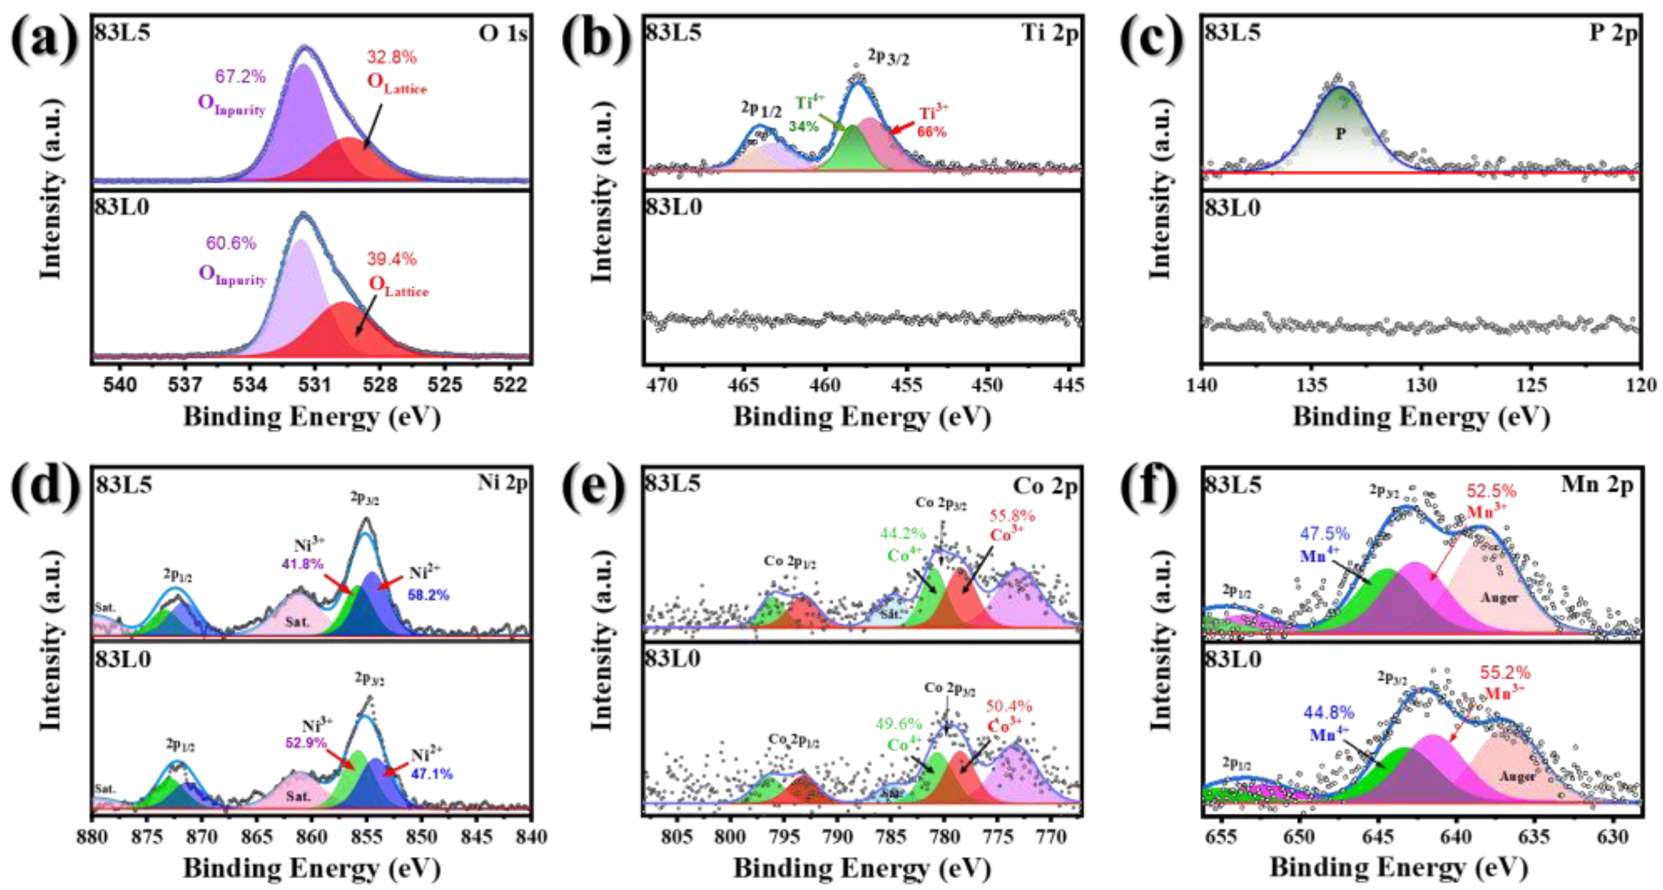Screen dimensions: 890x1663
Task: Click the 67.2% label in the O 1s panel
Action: [x=240, y=77]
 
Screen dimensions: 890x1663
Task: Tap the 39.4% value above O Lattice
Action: [x=391, y=259]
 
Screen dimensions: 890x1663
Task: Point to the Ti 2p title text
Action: [x=1049, y=32]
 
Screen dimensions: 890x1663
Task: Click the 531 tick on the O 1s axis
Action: [x=314, y=385]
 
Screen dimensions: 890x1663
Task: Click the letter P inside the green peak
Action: [x=1340, y=133]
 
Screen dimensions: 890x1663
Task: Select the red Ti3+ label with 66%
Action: [x=933, y=122]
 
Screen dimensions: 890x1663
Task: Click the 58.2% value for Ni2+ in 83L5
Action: [x=428, y=595]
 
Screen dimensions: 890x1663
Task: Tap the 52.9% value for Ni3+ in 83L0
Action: [x=306, y=743]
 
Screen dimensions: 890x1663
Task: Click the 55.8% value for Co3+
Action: [x=1012, y=516]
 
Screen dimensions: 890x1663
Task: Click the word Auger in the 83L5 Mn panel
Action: [x=1499, y=597]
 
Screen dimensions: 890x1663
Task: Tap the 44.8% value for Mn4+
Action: [x=1329, y=713]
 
